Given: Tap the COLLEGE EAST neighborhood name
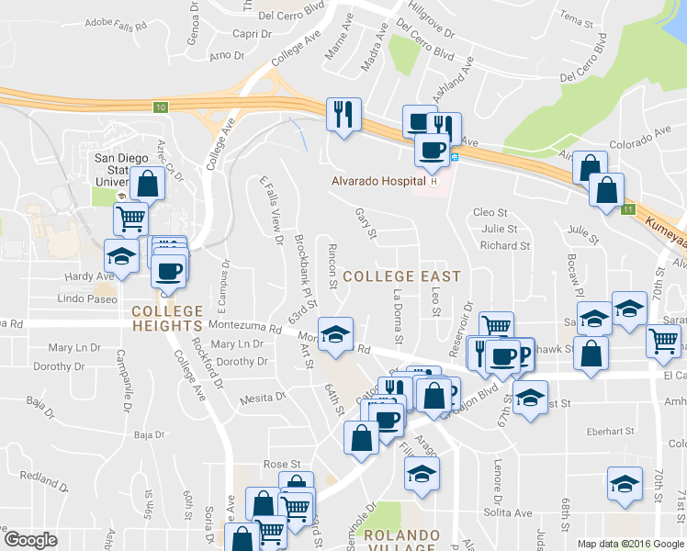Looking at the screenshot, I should (x=401, y=275).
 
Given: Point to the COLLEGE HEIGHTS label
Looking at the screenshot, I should (x=166, y=319).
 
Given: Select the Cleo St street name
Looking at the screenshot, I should (x=490, y=212).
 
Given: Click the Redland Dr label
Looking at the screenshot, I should (x=39, y=478).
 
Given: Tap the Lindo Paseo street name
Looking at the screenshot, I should (x=88, y=299).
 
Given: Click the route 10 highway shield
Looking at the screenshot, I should (x=161, y=107).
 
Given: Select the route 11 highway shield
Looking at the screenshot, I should (x=627, y=210).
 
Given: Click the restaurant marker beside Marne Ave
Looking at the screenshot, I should (x=344, y=115).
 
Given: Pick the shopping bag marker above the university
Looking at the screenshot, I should (x=147, y=183).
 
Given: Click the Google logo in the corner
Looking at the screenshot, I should (x=30, y=540).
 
